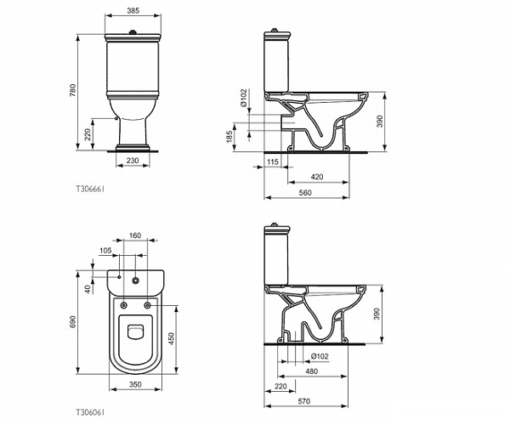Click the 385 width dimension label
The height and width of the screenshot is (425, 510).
tap(133, 10)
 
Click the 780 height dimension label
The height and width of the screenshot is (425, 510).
tap(72, 90)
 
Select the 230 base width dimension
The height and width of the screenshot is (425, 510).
tap(133, 161)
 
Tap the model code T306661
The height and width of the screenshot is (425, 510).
tap(90, 189)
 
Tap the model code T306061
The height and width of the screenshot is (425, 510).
tap(90, 412)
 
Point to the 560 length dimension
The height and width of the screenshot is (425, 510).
tap(305, 192)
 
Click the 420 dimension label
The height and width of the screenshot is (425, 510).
tap(317, 177)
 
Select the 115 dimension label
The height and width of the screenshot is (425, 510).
tap(273, 161)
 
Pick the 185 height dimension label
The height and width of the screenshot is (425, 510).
tap(229, 137)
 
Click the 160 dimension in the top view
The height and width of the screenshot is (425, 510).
tap(134, 235)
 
